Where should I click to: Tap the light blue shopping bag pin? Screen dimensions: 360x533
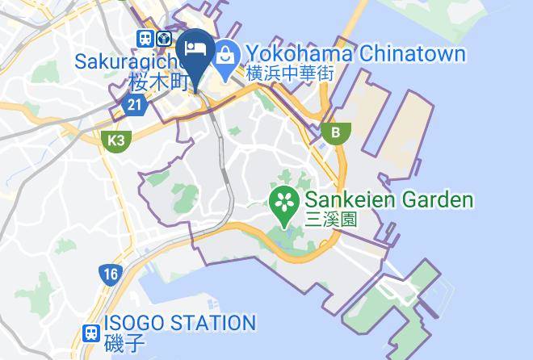coord(224,54)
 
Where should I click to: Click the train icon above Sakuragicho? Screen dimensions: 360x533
coord(145,38)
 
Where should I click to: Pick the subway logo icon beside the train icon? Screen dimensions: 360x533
coord(166,38)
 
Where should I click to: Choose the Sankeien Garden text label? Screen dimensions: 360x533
coord(388,199)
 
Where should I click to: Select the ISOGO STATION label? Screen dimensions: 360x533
coord(179,323)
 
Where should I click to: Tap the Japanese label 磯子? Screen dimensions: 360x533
coord(124,342)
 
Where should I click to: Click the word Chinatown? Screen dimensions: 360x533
coord(411,54)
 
